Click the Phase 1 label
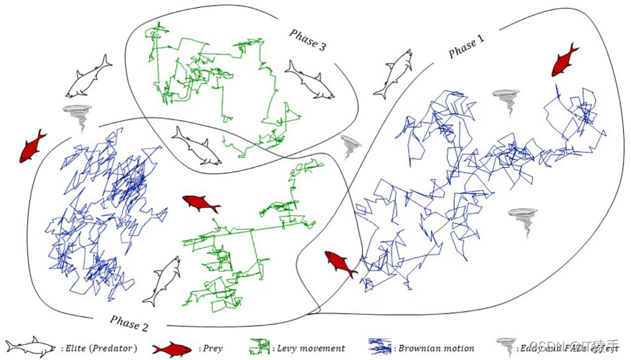pos(467,48)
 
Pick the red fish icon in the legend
pos(171,349)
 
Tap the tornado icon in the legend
pos(506,348)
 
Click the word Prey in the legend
pos(213,349)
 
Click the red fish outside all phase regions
pos(32,146)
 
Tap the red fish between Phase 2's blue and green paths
pos(201,204)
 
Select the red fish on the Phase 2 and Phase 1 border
pos(341,263)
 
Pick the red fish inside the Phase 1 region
pos(565,60)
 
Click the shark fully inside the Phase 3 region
pos(310,79)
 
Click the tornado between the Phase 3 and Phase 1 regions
pos(351,146)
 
